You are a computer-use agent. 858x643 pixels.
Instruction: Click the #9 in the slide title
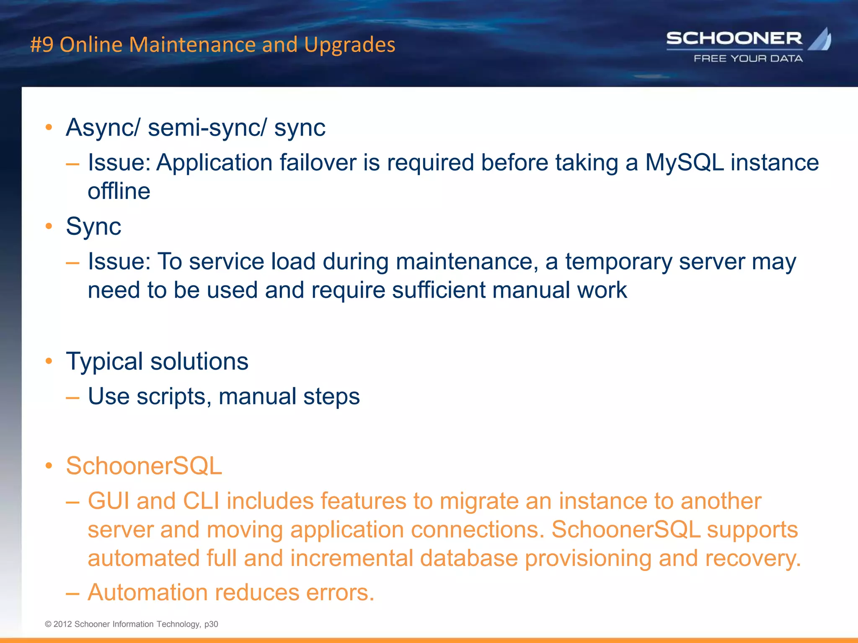point(42,45)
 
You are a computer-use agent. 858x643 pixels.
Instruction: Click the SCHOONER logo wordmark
point(734,39)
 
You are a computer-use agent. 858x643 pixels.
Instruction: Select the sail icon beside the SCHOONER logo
point(820,39)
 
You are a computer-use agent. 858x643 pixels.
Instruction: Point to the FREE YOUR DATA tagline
point(748,59)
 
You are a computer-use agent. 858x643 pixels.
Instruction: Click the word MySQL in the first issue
point(684,162)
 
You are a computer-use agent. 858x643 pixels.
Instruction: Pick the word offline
point(119,191)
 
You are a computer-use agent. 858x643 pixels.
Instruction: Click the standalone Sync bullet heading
point(93,226)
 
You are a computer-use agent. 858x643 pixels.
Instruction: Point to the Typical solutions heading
point(157,361)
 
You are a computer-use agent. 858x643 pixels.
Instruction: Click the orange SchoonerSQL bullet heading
point(144,466)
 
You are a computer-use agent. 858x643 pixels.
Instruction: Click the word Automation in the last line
point(147,593)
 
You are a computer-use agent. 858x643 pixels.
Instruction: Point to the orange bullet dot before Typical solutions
point(49,361)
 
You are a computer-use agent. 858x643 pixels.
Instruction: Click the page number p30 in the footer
point(211,624)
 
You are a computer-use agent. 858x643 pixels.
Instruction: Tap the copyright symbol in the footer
point(48,624)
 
